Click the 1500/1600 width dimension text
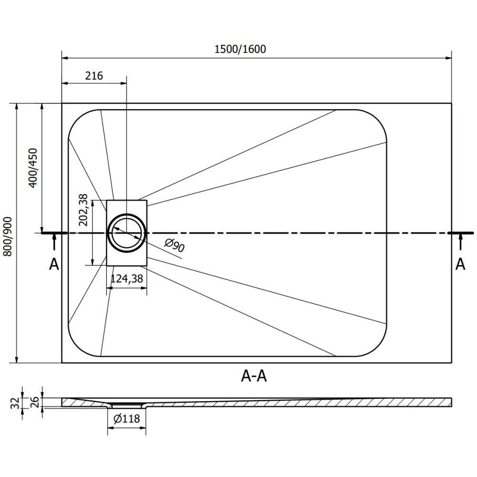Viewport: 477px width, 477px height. coord(240,49)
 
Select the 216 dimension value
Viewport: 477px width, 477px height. coord(94,75)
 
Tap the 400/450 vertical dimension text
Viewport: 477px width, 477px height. coord(33,167)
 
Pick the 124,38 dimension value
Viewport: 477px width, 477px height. coord(126,280)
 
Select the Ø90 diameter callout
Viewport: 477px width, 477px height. coord(175,245)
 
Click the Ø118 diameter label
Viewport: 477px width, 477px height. coord(126,419)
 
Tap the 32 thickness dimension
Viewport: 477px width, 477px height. coord(15,403)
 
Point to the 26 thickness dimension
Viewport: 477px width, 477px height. coord(35,403)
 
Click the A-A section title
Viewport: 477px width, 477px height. coord(254,376)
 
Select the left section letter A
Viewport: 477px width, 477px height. coord(54,264)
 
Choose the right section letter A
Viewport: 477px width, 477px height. coord(460,264)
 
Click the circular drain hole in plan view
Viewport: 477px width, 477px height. coord(126,233)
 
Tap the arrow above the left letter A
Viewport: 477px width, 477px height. coord(54,242)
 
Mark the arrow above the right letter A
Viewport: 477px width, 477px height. coord(460,242)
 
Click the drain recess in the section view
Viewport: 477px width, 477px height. coord(126,405)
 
